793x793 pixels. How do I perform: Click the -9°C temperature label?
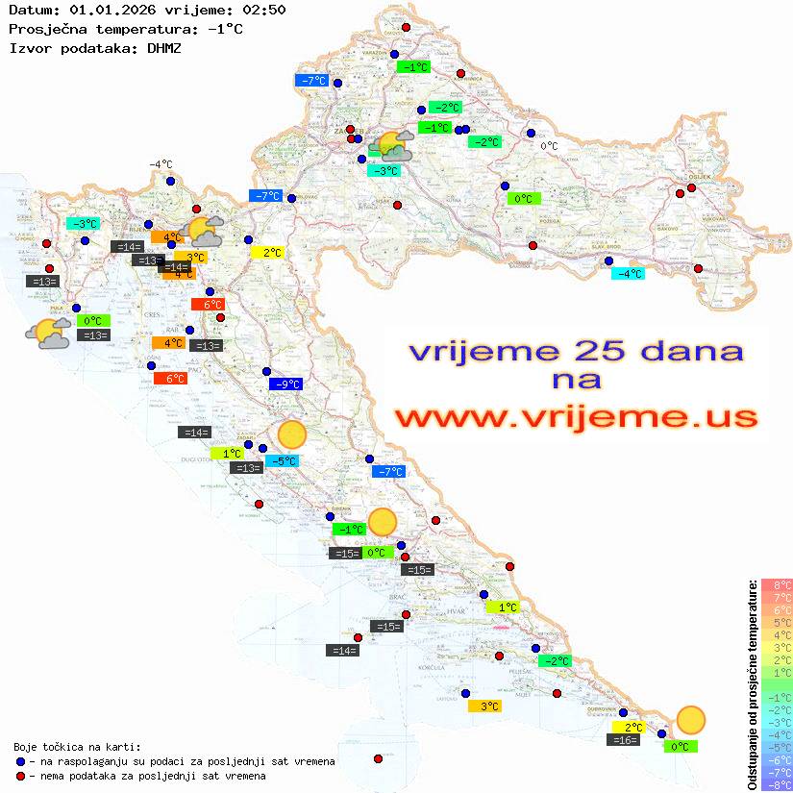pos(286,384)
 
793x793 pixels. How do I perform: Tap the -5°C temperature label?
pos(285,461)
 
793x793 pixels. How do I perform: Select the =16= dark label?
pos(625,740)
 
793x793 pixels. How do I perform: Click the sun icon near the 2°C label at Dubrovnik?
pos(690,720)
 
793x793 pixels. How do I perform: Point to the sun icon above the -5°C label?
pos(291,435)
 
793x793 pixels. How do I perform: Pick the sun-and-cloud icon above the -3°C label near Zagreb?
pos(393,146)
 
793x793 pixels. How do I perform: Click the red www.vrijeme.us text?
pos(576,417)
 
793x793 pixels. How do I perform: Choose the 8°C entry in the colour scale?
pos(777,584)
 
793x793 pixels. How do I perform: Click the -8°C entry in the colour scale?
pos(777,784)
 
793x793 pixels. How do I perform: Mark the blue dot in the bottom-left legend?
pos(21,761)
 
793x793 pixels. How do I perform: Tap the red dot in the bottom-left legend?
pos(21,776)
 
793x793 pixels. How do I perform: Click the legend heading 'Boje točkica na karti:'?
pos(77,747)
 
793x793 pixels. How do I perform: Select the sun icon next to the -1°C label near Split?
pos(383,522)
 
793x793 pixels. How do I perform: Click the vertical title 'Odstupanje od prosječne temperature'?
pos(752,684)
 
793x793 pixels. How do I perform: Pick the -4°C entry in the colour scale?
pos(777,734)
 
